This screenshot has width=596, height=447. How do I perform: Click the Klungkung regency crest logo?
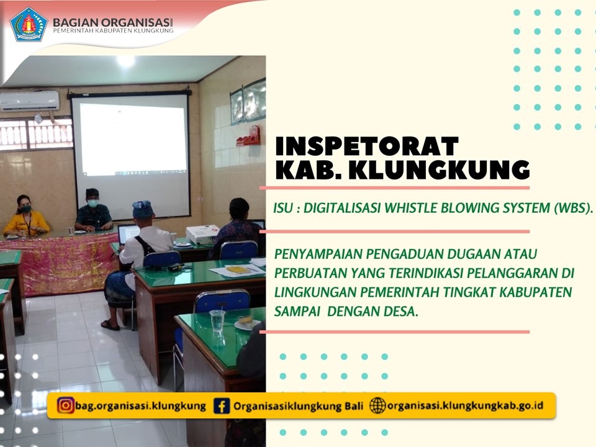(29, 24)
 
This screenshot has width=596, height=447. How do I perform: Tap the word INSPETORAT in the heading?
(367, 146)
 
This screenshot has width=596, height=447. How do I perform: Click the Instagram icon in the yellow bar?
(65, 405)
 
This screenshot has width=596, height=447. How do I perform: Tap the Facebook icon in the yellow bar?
(222, 405)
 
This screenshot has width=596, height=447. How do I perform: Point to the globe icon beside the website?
(377, 405)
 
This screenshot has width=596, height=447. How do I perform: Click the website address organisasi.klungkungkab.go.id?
(465, 405)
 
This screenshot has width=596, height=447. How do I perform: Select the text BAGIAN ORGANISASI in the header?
(113, 22)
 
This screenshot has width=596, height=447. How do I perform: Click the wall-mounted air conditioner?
(30, 101)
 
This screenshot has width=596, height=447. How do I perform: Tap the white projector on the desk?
(202, 235)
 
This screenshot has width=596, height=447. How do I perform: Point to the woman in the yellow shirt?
(26, 216)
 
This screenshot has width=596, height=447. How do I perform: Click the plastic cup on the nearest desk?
(217, 321)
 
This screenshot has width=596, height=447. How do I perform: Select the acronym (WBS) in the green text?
(574, 208)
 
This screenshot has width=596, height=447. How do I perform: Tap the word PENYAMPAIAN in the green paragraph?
(318, 253)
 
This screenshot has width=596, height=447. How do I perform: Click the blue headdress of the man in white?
(143, 209)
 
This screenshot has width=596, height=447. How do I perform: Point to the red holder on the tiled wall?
(249, 136)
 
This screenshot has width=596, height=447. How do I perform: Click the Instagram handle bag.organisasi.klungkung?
(141, 406)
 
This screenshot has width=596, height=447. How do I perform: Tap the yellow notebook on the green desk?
(238, 270)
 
